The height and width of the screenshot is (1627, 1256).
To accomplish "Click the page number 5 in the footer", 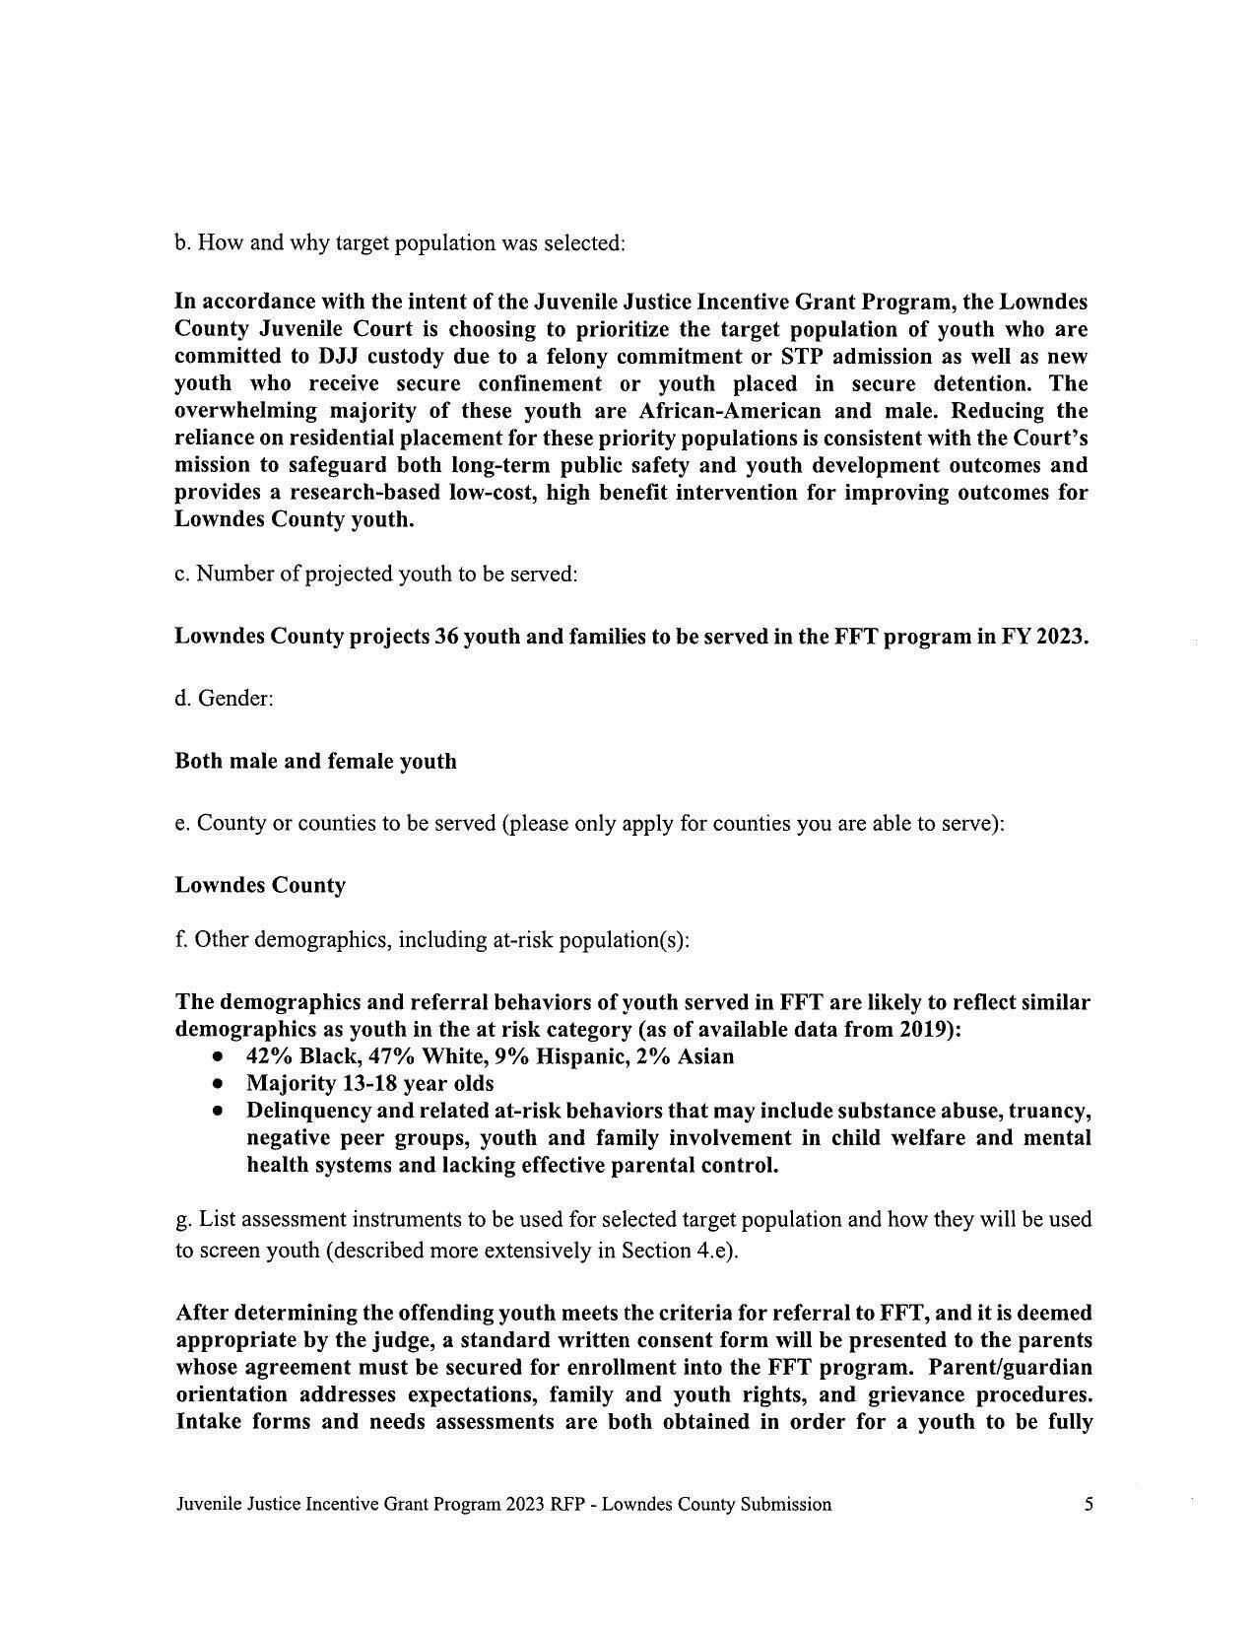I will tap(1089, 1504).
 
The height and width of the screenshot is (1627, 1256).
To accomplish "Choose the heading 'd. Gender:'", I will tap(224, 699).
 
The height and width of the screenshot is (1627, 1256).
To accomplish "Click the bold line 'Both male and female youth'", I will tap(315, 761).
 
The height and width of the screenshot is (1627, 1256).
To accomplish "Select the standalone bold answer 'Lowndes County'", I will tap(260, 885).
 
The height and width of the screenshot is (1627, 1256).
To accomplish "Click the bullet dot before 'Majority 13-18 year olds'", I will tap(218, 1084).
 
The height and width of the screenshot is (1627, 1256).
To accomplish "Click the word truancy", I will tap(1049, 1111).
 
